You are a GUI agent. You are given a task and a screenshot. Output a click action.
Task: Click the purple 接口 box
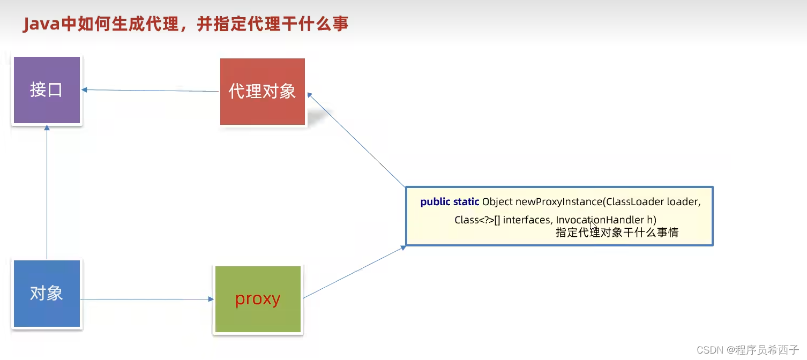(47, 90)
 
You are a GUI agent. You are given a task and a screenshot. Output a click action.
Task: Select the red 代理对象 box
(262, 92)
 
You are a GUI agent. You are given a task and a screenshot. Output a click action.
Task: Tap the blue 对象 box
(47, 294)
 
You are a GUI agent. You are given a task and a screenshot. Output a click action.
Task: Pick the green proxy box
(258, 299)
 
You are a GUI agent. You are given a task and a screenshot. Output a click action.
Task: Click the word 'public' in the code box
(435, 202)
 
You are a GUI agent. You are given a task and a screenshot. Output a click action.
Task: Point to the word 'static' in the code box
(466, 201)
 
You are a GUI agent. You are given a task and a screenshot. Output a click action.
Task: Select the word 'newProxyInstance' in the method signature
(559, 202)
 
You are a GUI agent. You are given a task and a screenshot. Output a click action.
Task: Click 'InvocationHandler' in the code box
(600, 220)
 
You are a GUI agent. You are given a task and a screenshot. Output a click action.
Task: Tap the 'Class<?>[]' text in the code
(477, 220)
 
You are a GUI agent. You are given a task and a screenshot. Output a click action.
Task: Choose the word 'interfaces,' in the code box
(528, 220)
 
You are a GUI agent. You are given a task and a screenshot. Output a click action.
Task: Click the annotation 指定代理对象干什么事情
(617, 232)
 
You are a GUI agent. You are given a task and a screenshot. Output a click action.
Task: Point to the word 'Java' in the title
(41, 25)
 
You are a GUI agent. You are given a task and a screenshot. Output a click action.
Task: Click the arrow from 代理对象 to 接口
(150, 91)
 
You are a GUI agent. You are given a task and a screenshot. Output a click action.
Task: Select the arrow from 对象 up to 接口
(47, 192)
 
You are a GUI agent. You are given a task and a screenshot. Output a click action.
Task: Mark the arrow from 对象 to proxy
(147, 299)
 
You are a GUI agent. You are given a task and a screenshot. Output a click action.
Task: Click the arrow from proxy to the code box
(355, 272)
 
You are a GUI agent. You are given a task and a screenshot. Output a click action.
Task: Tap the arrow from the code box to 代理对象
(356, 140)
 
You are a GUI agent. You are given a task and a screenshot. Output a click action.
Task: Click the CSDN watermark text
(748, 350)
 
